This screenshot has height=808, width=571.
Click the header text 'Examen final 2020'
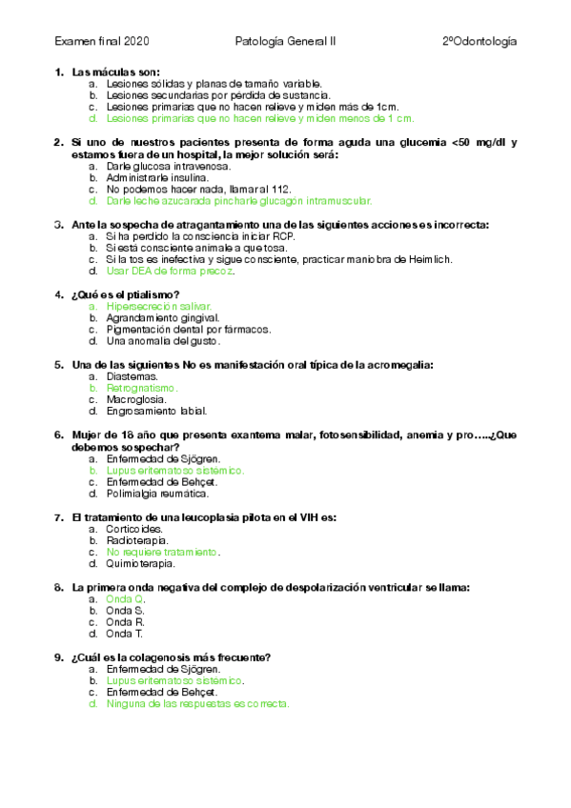[102, 42]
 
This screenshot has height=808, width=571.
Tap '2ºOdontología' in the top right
[479, 42]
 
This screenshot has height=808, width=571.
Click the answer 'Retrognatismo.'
[142, 389]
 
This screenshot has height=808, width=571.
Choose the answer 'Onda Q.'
[125, 599]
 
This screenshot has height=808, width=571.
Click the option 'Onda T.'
[125, 633]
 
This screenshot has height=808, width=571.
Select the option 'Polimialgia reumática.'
[157, 494]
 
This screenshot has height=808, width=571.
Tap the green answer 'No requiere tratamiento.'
[163, 552]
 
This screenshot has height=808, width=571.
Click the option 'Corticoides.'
[134, 529]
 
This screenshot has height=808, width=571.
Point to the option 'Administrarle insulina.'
[155, 178]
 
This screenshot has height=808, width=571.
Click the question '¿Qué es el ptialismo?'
[126, 294]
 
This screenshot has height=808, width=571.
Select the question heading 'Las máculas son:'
[115, 72]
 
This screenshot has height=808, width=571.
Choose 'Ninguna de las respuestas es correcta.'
[197, 704]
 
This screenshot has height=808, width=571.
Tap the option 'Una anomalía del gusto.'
[163, 340]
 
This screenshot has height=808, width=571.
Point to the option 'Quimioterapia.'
[141, 563]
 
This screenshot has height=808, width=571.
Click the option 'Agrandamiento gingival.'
[162, 317]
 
